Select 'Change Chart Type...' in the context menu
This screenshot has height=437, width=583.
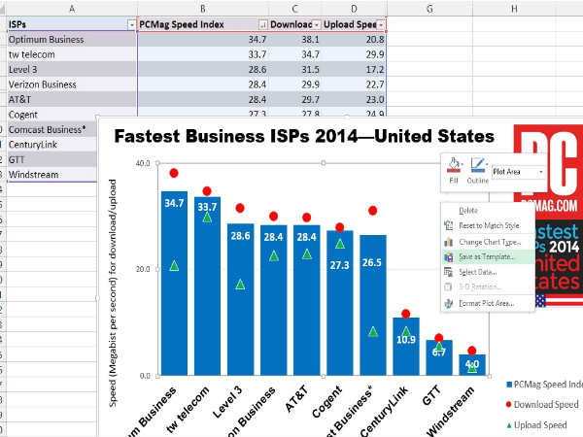tap(482, 241)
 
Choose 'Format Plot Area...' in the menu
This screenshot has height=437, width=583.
tap(482, 303)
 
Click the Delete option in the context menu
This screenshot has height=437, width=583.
tap(468, 210)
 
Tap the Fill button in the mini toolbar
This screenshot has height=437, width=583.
tap(454, 170)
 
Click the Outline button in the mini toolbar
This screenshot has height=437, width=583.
tap(479, 170)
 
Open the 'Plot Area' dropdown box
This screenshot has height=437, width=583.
tap(518, 172)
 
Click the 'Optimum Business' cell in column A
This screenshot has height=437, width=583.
tap(68, 40)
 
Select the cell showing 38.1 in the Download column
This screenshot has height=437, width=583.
tap(291, 40)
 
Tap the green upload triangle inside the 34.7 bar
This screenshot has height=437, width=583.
tap(174, 265)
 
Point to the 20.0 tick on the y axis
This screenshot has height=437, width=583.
tap(143, 269)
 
